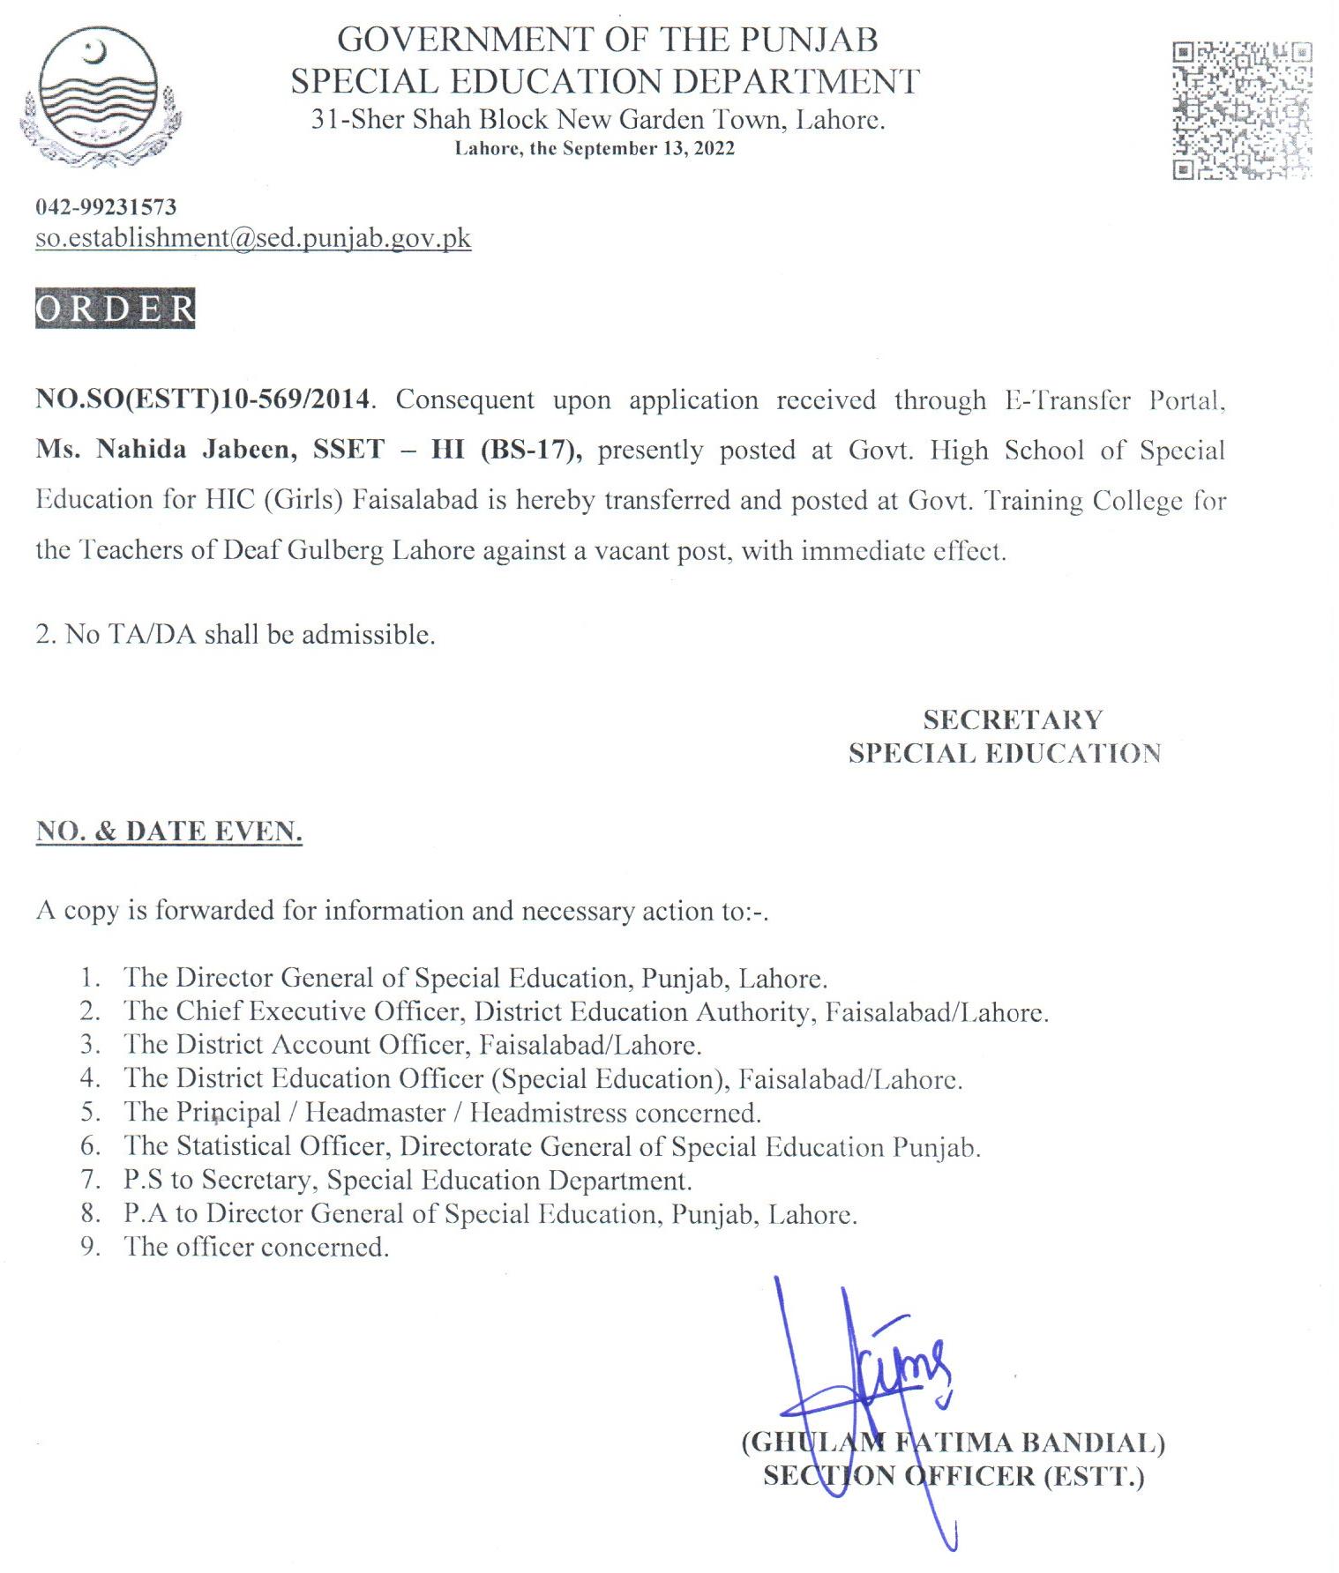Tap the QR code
[1241, 110]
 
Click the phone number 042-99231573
[106, 207]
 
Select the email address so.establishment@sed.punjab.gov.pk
[253, 238]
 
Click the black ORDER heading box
[115, 309]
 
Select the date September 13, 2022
[648, 148]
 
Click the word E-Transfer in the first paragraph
[1067, 400]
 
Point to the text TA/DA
[152, 635]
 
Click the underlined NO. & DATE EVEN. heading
[168, 831]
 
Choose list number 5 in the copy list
[91, 1112]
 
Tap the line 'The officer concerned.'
[256, 1247]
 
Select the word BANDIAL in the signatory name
[1092, 1443]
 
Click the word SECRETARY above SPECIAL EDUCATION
[1013, 720]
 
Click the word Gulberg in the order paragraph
[335, 550]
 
